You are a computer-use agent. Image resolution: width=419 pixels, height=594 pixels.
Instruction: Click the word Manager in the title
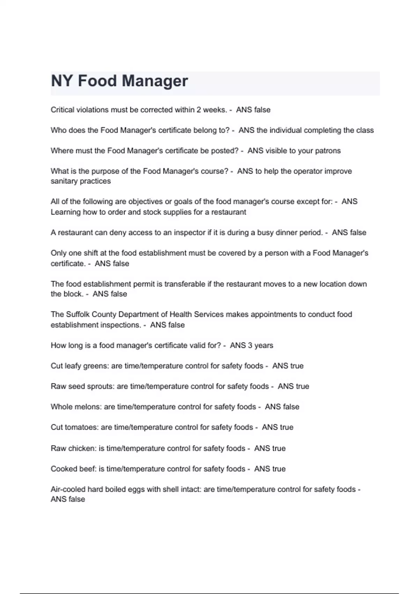[x=155, y=81]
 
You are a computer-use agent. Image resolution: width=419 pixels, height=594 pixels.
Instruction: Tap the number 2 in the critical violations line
[x=198, y=110]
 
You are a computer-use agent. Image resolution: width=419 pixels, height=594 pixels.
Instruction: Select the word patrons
[x=328, y=151]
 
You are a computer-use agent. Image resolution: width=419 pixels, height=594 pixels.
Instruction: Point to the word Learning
[x=66, y=212]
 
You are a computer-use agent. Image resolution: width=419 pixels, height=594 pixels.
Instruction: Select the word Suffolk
[x=78, y=314]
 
